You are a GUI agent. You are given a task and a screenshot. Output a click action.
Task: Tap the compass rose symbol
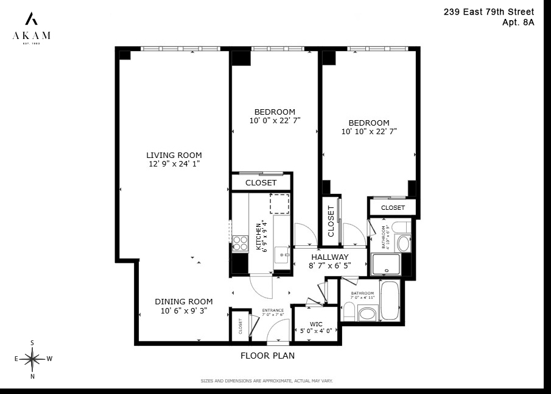32,359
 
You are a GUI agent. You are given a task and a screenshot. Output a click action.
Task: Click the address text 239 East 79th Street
489,12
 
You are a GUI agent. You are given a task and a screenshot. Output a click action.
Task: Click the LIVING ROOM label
174,155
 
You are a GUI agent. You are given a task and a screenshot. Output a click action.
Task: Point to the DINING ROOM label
183,301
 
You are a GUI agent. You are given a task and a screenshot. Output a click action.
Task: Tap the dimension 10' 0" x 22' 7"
275,121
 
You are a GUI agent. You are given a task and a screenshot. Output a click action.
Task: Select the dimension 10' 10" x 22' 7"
369,132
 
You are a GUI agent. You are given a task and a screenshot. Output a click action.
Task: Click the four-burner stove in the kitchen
240,243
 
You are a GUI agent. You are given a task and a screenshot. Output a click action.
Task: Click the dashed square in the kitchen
279,204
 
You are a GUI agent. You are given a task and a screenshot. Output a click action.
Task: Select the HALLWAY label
329,257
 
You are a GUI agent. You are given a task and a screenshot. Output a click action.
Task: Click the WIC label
315,323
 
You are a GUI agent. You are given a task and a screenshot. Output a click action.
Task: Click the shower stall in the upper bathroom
386,264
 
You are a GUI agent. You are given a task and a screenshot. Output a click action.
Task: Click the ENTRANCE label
273,310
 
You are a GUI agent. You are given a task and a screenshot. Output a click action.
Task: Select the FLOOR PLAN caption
267,356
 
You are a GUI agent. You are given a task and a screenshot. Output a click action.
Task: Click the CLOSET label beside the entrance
240,326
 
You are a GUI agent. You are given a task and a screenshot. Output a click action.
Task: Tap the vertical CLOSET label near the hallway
331,220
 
